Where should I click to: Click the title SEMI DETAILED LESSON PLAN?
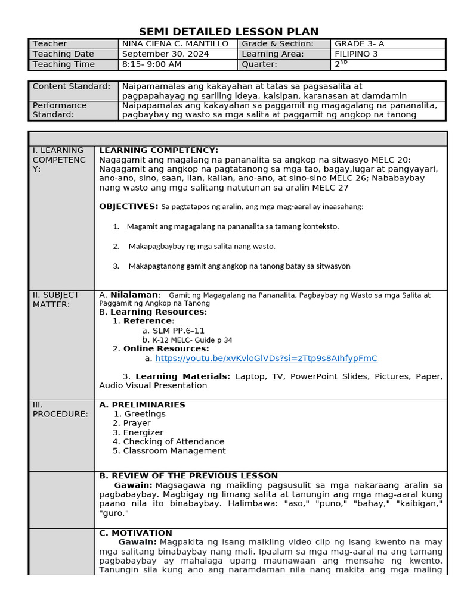pyautogui.click(x=229, y=32)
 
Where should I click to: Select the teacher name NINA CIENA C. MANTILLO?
pyautogui.click(x=175, y=44)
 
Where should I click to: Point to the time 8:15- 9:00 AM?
pyautogui.click(x=151, y=64)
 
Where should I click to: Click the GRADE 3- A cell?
pyautogui.click(x=360, y=44)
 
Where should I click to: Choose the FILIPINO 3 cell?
pyautogui.click(x=356, y=54)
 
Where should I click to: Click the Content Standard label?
pyautogui.click(x=72, y=86)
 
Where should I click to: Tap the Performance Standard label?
pyautogui.click(x=60, y=110)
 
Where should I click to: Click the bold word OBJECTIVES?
pyautogui.click(x=128, y=207)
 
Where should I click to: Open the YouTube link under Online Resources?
pyautogui.click(x=266, y=359)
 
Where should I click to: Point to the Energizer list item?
pyautogui.click(x=143, y=432)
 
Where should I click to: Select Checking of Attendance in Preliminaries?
pyautogui.click(x=174, y=442)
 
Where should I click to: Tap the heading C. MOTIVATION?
pyautogui.click(x=135, y=533)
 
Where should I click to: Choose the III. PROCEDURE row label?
pyautogui.click(x=60, y=409)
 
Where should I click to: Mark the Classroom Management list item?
pyautogui.click(x=174, y=451)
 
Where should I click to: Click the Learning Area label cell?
pyautogui.click(x=273, y=54)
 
